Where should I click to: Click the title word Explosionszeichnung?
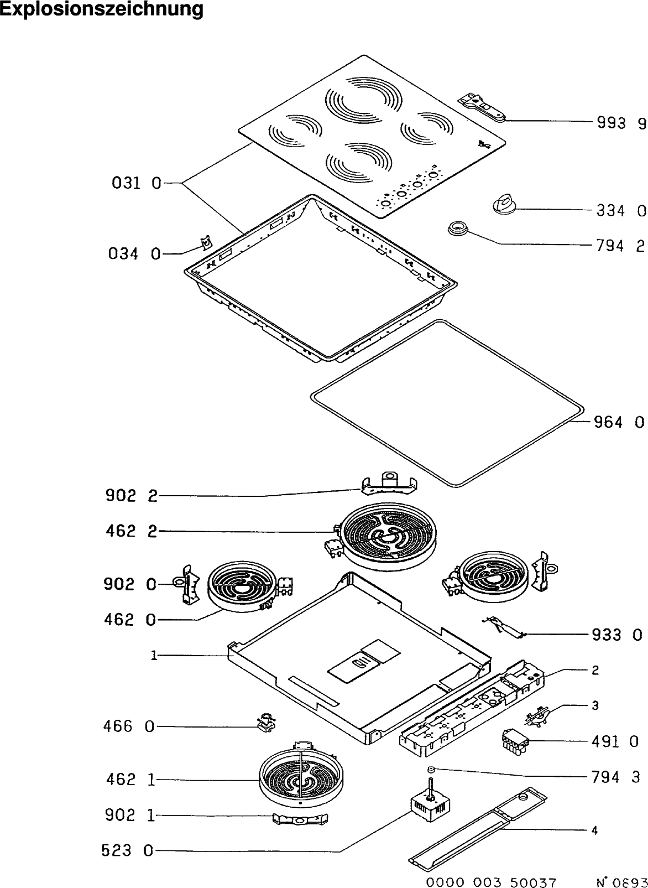pyautogui.click(x=101, y=9)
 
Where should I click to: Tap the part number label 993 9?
pyautogui.click(x=621, y=123)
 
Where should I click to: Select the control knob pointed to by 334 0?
pyautogui.click(x=504, y=205)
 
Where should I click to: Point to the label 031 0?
pyautogui.click(x=137, y=183)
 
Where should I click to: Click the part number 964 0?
pyautogui.click(x=619, y=423)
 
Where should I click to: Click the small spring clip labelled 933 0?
pyautogui.click(x=505, y=627)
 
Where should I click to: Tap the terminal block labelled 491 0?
pyautogui.click(x=516, y=744)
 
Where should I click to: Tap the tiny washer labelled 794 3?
pyautogui.click(x=431, y=770)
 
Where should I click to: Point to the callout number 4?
pyautogui.click(x=594, y=830)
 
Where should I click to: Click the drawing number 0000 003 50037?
pyautogui.click(x=491, y=882)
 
